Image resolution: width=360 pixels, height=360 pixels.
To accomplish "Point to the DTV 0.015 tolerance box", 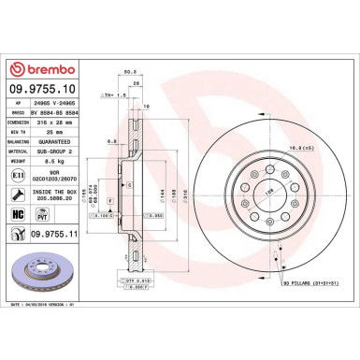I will coord(137,279).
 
